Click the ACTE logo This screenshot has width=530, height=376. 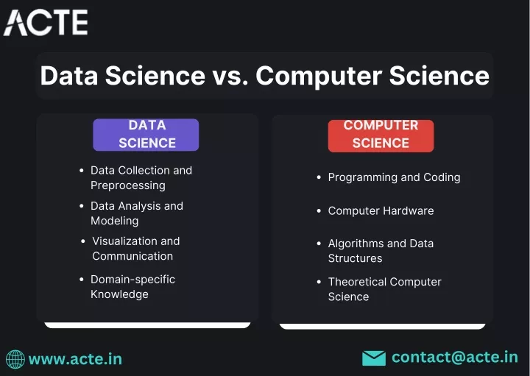coord(46,22)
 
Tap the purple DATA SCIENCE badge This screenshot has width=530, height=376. coord(146,135)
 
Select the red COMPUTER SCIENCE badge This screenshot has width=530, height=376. coord(381,136)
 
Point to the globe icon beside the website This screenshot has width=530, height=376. coord(15,359)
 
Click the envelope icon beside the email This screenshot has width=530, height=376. coord(374,358)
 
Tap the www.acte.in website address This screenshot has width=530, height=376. coord(75,359)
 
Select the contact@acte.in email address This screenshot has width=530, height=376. coord(455,358)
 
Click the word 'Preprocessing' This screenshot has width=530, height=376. coord(128,185)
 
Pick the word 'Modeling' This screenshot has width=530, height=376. coord(115,221)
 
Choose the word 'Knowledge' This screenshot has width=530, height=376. coord(119,294)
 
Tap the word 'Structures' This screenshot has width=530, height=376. coord(355,258)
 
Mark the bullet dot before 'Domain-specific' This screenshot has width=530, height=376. coord(82,280)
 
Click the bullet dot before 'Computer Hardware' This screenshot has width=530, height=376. coord(319,211)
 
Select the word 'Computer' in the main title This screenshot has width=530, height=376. coord(319,77)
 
